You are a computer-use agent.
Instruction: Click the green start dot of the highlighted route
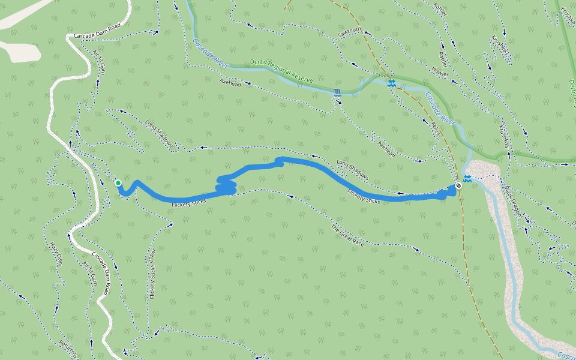pos(118,183)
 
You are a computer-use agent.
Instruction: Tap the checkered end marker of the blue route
pos(458,185)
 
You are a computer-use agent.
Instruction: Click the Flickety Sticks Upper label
pos(152,274)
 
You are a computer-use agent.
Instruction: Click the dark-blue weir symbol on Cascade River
pos(337,92)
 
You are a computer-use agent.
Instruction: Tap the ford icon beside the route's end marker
pos(467,178)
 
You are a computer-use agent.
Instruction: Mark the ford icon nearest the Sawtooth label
pos(391,83)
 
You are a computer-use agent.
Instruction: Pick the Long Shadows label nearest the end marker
pos(352,169)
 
